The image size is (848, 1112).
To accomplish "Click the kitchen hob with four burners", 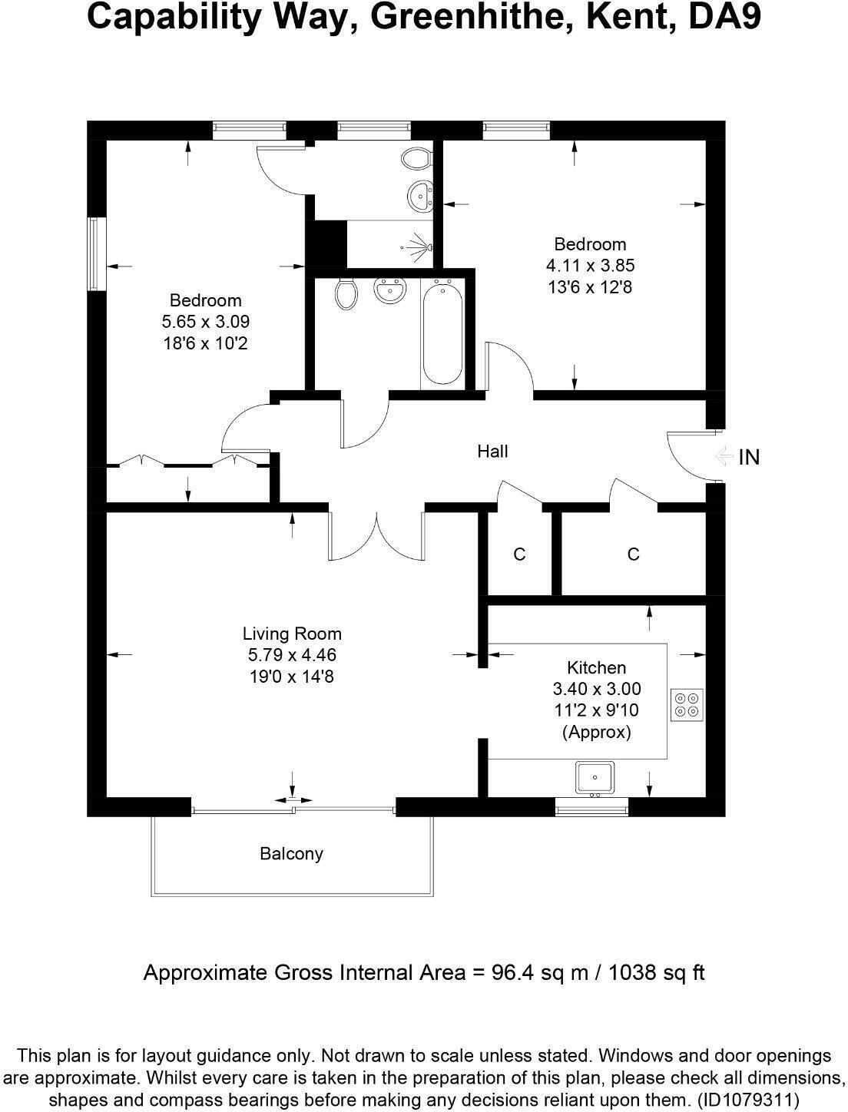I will (687, 705).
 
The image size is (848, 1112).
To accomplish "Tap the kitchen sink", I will (595, 777).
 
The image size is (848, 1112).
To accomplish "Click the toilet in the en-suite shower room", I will (416, 159).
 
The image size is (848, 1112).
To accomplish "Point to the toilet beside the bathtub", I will (347, 293).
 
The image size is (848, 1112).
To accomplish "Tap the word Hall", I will (492, 452).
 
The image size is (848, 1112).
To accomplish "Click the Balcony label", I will (291, 854).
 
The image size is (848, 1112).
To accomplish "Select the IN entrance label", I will (748, 458).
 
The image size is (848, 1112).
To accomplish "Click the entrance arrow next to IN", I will (722, 457).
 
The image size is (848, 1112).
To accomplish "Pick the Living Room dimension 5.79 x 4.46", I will (292, 655).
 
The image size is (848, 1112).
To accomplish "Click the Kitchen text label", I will (596, 667).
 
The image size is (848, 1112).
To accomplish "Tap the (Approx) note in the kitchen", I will (596, 732).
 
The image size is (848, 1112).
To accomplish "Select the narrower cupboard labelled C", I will (519, 554).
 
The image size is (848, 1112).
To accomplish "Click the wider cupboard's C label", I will (633, 554).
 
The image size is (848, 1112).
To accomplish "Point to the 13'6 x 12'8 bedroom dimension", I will (589, 287).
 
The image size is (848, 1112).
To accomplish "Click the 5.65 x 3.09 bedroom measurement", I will (205, 322).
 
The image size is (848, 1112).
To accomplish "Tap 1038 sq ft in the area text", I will (657, 973).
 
